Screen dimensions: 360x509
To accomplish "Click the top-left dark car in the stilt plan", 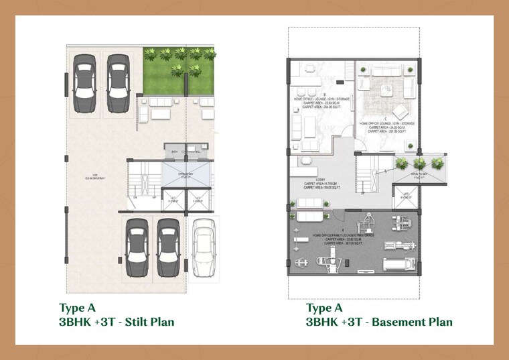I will (x=84, y=79).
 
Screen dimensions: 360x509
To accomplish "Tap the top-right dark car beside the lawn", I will (x=119, y=79).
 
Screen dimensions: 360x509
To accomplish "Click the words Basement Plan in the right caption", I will (x=412, y=322).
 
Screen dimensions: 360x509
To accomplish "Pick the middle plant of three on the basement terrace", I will (x=419, y=162).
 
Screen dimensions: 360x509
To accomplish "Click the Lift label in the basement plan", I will (x=407, y=196).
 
